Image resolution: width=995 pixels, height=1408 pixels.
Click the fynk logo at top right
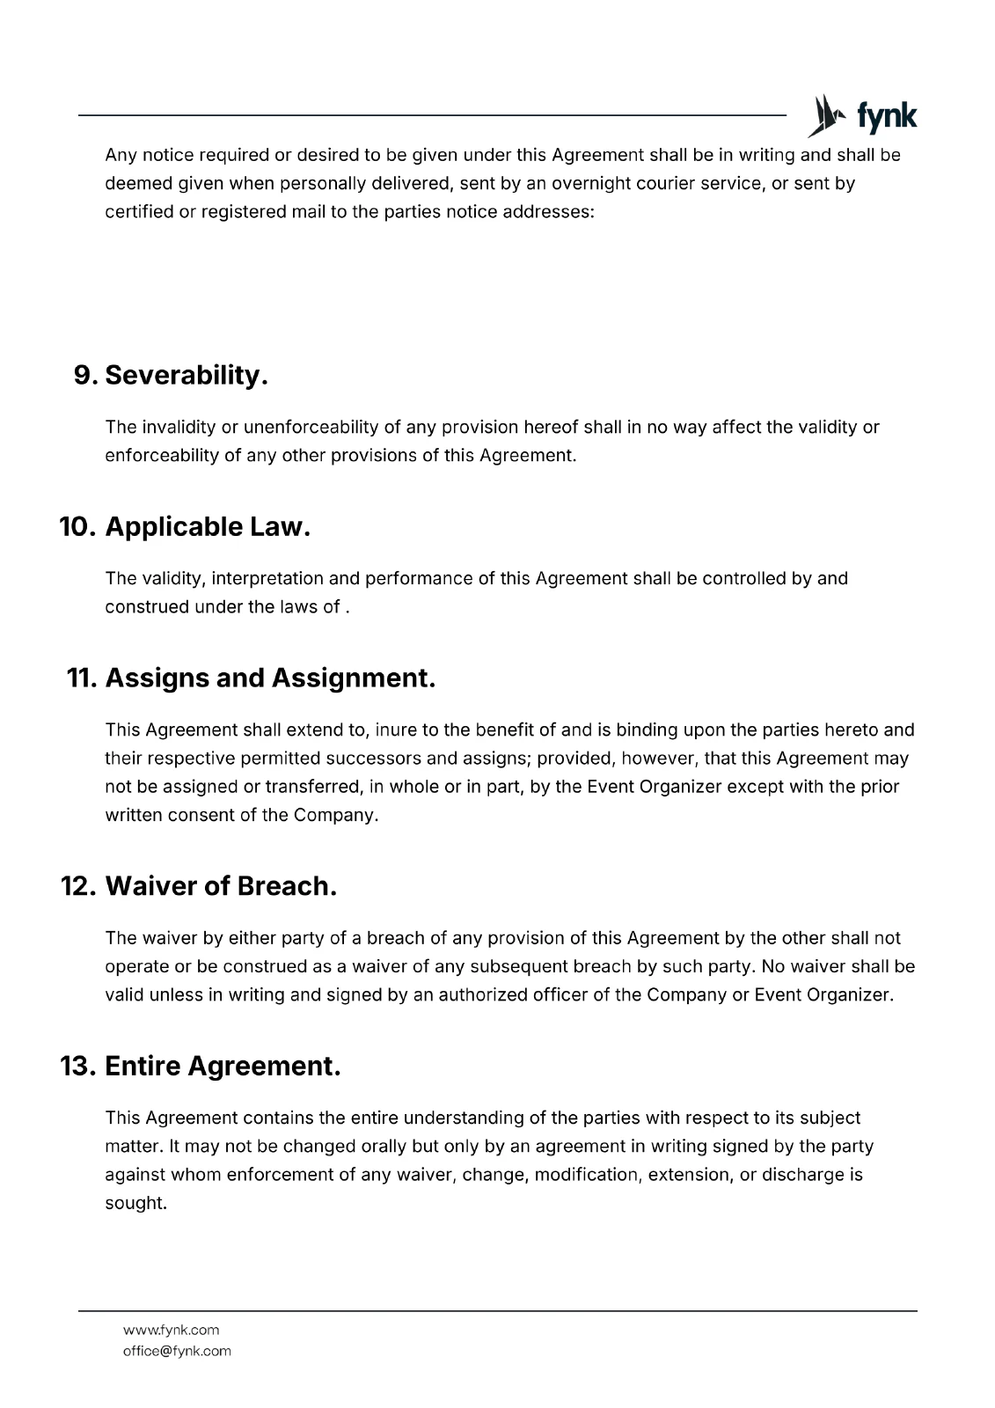862,116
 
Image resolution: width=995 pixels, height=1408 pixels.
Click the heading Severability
186,375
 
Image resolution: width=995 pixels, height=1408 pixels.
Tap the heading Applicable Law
208,527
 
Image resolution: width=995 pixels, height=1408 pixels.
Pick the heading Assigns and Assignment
270,678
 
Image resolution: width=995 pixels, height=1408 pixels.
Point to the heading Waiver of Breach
221,886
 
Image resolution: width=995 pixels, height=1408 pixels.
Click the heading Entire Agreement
223,1067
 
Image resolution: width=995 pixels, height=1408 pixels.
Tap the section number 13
77,1067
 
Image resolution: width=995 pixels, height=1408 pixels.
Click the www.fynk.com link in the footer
171,1330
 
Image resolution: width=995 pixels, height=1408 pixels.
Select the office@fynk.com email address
177,1351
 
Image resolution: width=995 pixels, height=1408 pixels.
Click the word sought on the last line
135,1203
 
